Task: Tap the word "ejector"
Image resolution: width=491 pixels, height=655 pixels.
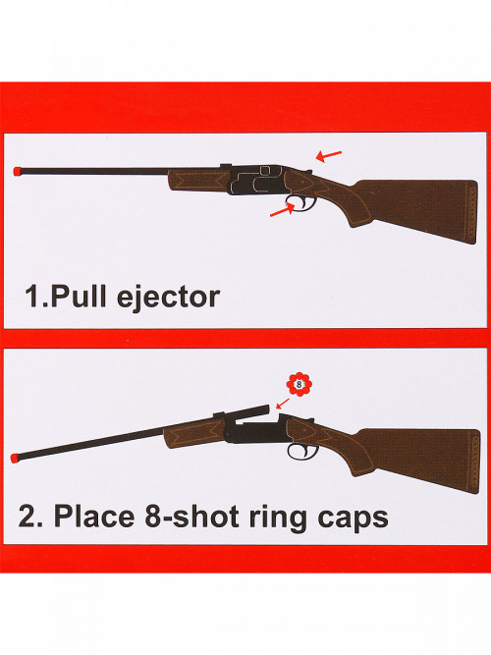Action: [168, 298]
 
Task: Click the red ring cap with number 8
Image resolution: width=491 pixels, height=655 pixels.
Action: [300, 384]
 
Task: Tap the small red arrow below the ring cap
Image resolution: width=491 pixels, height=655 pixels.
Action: [283, 403]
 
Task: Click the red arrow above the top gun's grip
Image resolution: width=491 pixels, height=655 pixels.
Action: [328, 156]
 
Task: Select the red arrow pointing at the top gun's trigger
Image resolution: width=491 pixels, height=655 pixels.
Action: [283, 210]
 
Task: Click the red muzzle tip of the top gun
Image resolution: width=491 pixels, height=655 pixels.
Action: [18, 171]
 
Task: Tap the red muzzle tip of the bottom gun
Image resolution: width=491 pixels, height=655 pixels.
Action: [16, 457]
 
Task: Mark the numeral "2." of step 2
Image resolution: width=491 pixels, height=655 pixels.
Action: [30, 517]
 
